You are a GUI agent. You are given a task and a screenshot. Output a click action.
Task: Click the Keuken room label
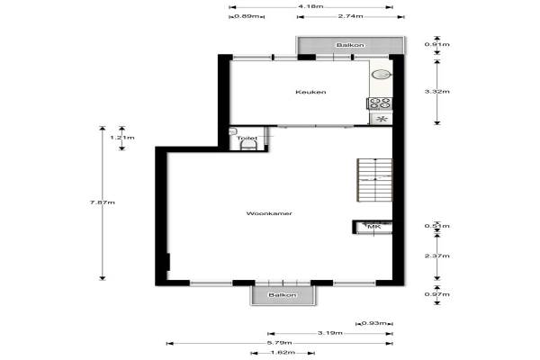click(310, 92)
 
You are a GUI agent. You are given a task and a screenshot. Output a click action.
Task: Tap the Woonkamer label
click(269, 213)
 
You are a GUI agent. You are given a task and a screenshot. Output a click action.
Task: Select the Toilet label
click(247, 138)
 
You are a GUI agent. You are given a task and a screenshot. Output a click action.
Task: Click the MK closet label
click(374, 227)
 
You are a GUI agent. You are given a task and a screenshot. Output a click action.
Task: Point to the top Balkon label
click(350, 45)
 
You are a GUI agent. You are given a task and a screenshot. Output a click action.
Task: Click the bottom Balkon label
click(282, 295)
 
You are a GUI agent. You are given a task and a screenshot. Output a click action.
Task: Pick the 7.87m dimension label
click(103, 202)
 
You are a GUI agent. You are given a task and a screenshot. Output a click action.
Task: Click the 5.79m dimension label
click(279, 343)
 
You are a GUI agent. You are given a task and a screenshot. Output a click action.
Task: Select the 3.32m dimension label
click(437, 92)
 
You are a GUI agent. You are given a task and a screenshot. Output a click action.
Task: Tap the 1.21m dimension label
click(122, 138)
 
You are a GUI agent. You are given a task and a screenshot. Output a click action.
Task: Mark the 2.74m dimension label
click(351, 16)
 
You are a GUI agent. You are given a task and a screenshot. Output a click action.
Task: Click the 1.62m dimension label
click(283, 353)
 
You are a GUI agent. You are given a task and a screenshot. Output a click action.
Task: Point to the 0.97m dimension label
click(437, 294)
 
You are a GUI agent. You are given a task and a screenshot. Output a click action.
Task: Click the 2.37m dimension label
click(437, 256)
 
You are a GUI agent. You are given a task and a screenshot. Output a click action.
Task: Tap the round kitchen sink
click(381, 75)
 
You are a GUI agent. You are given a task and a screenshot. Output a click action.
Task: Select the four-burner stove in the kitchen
click(380, 103)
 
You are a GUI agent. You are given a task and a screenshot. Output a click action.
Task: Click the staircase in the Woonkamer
click(374, 180)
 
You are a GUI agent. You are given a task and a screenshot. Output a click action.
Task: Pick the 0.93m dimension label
click(374, 323)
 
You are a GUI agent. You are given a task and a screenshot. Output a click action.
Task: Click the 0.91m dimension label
click(437, 44)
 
